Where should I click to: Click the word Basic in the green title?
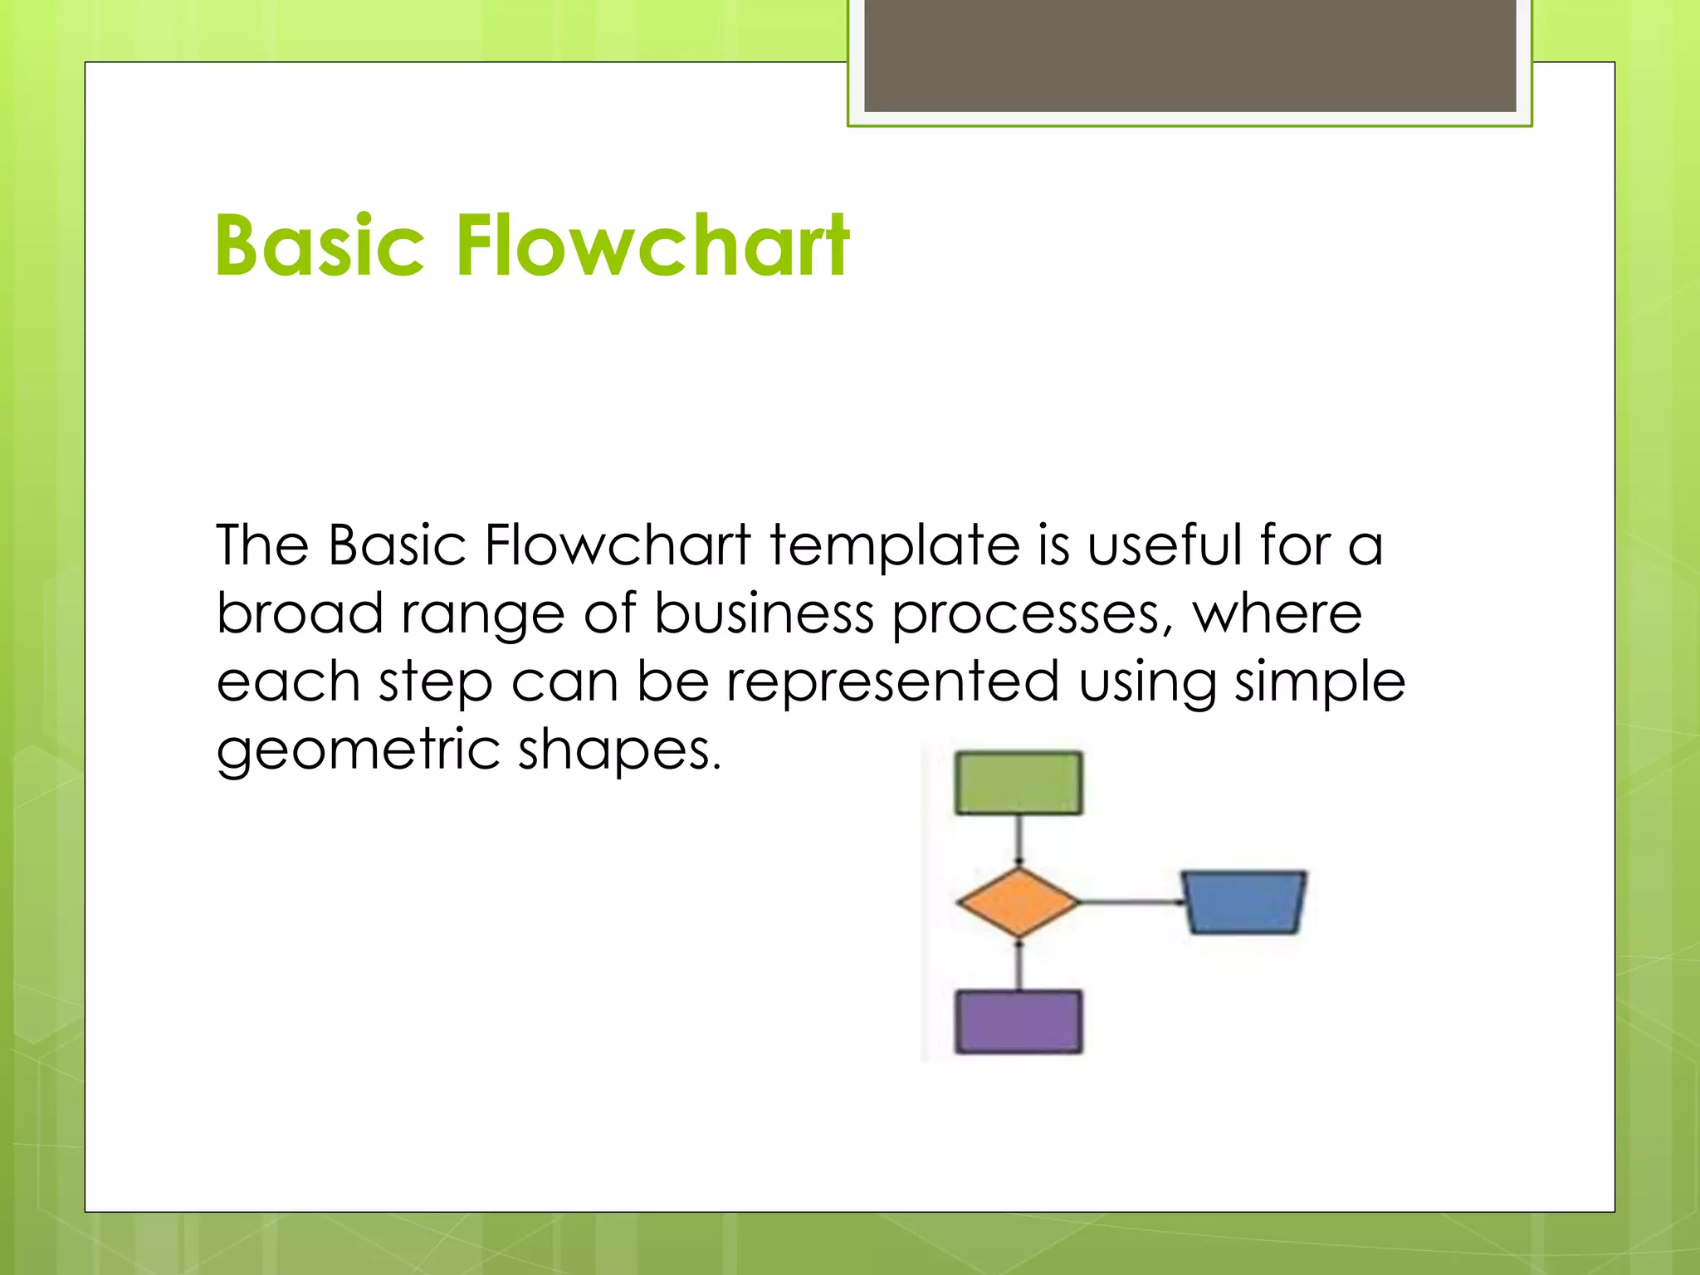(320, 246)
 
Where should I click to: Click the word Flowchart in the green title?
(652, 246)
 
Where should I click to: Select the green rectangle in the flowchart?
(1019, 783)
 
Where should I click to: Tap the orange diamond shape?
(1018, 902)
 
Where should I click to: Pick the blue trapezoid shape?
(1243, 902)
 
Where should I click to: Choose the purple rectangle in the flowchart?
(1019, 1022)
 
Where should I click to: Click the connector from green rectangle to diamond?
(1019, 840)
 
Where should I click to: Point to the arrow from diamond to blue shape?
(1129, 901)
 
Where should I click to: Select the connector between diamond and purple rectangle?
(1019, 965)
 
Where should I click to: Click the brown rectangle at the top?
(1190, 55)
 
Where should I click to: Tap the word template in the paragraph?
(895, 547)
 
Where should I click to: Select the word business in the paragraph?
(764, 614)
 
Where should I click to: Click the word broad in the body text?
(299, 614)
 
